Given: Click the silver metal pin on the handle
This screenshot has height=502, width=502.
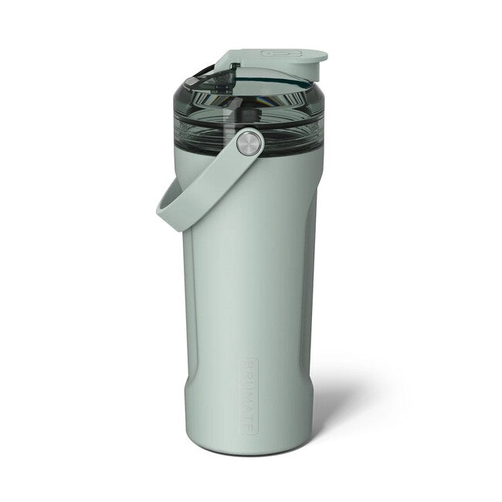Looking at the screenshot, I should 249,142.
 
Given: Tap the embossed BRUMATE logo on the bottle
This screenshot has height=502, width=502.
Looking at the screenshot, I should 249,395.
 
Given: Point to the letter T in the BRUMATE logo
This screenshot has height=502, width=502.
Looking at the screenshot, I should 249,415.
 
